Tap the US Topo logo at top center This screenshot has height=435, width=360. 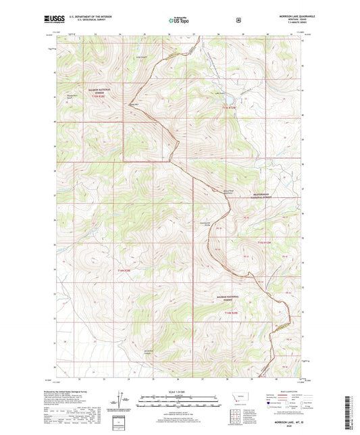click(179, 21)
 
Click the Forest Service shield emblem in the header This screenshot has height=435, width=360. click(238, 20)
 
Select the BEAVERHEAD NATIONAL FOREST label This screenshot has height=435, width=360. click(267, 201)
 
